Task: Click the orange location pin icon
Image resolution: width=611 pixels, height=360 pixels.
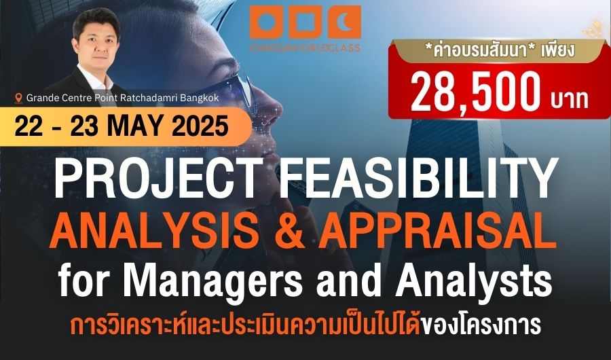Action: click(x=18, y=98)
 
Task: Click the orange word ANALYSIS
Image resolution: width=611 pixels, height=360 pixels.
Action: click(x=154, y=230)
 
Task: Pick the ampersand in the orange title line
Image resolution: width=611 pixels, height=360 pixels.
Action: click(x=288, y=231)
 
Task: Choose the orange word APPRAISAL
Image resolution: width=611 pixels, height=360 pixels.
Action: click(x=437, y=230)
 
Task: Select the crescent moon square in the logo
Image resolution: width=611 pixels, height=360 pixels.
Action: click(x=344, y=22)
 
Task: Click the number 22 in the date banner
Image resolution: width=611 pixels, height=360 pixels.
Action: click(x=29, y=126)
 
